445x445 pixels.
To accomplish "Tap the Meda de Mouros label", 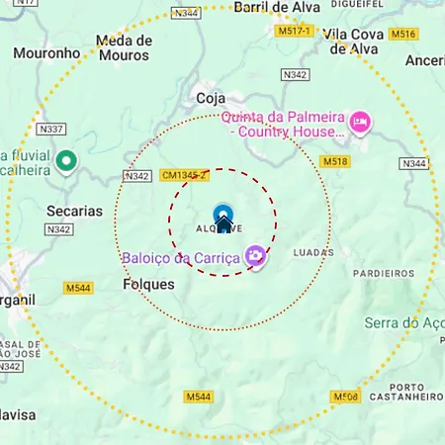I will click(x=125, y=48).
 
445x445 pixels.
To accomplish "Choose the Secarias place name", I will click(x=73, y=211).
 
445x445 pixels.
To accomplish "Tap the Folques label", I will click(x=148, y=284).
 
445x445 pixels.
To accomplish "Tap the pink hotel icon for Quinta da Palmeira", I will click(x=359, y=122).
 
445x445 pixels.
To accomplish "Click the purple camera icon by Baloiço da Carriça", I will click(x=255, y=257).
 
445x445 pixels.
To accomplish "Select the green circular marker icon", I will click(x=66, y=160).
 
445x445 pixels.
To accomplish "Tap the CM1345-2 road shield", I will click(x=184, y=175).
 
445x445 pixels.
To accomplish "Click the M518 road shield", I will click(x=336, y=161).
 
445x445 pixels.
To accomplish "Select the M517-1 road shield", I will click(x=294, y=32).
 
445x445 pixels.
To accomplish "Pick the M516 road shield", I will click(x=402, y=34).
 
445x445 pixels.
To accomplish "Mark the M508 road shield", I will click(x=345, y=397).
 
